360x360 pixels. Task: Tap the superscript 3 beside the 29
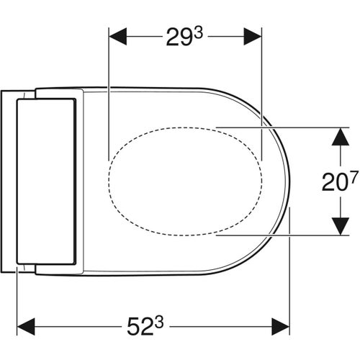pos(194,29)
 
